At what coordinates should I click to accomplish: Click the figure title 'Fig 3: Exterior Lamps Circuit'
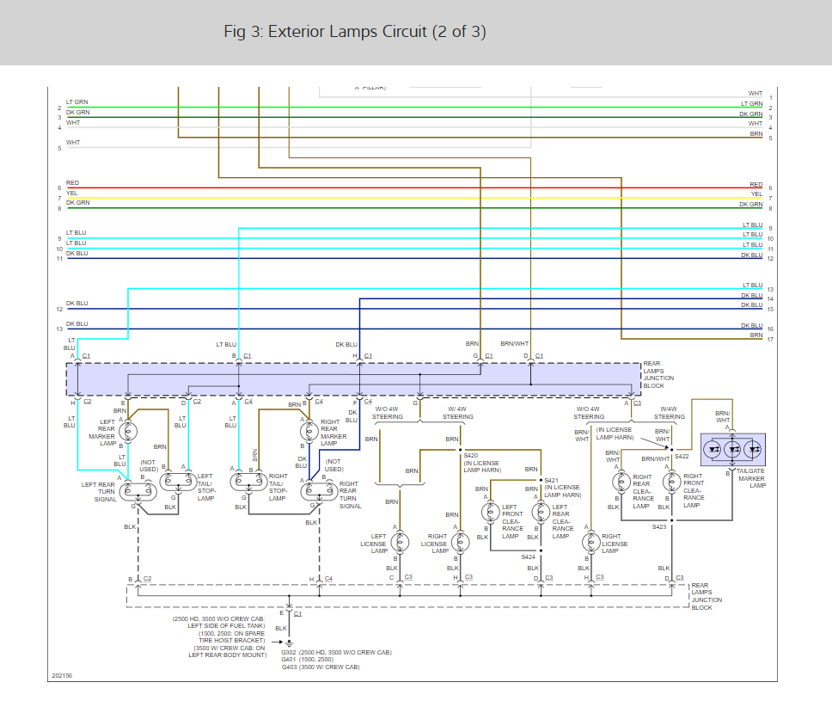[354, 32]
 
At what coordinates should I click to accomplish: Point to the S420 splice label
[471, 455]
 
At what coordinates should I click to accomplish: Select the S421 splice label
[551, 480]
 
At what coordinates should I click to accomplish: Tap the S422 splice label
[682, 456]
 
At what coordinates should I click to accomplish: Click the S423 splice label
[658, 526]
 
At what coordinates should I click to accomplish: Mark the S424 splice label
[528, 556]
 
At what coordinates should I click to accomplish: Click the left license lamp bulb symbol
[401, 542]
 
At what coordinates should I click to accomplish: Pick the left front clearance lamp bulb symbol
[490, 513]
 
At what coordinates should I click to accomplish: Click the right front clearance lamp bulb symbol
[671, 482]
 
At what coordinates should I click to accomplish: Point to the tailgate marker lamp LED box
[732, 449]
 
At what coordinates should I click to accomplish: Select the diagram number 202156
[61, 675]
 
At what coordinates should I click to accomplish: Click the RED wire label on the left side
[72, 183]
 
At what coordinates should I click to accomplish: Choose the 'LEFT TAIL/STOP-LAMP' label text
[205, 487]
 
